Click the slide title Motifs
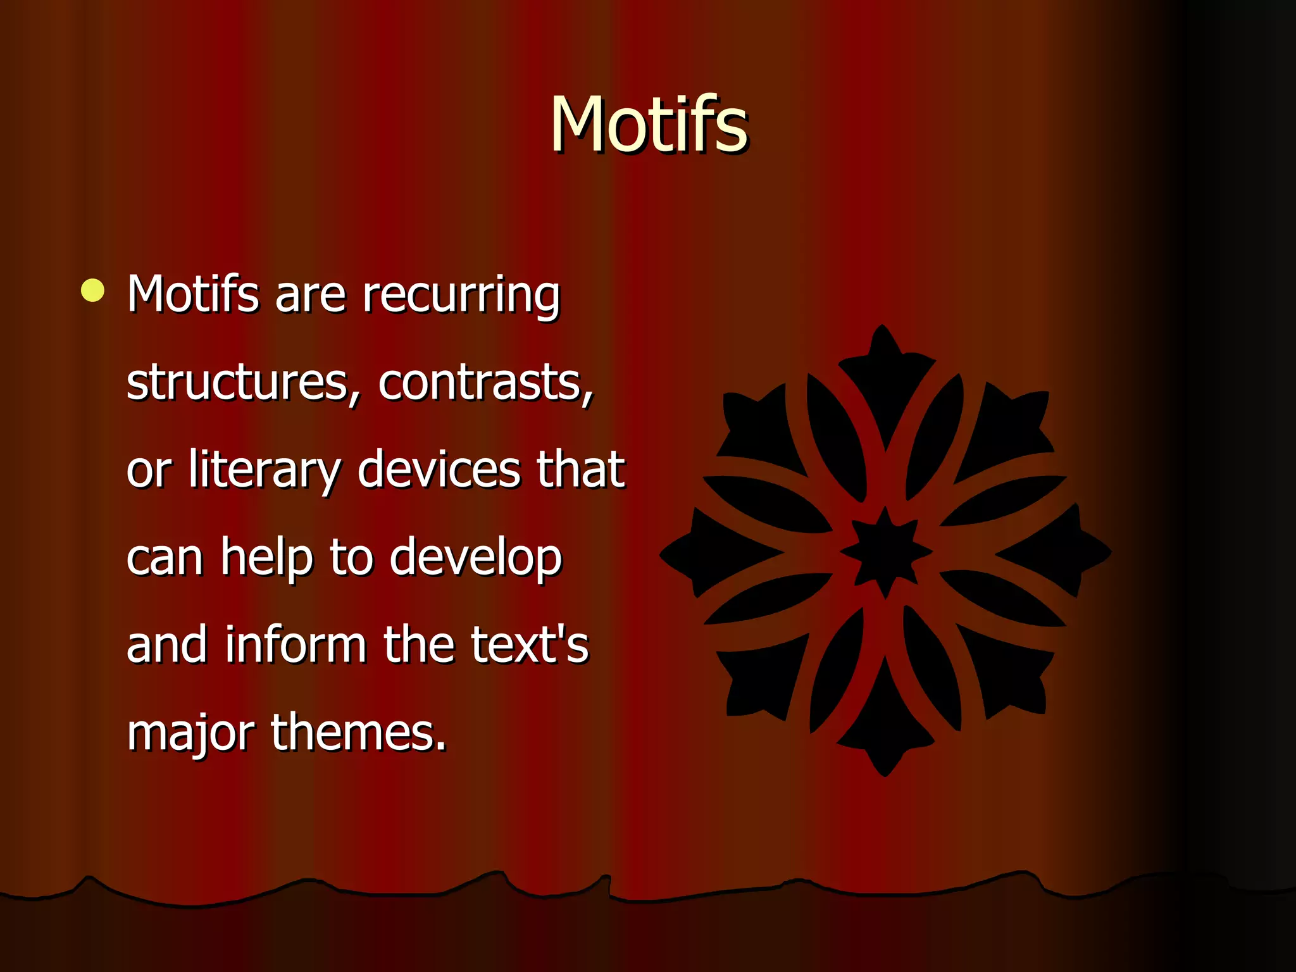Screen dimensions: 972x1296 click(649, 125)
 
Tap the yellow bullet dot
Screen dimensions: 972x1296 click(93, 290)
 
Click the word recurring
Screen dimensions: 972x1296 click(461, 295)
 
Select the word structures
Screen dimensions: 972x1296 click(238, 383)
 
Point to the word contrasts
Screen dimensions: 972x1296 click(485, 383)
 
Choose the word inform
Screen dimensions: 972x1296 click(296, 645)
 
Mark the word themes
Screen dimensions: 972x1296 click(358, 732)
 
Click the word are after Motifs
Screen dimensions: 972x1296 click(310, 295)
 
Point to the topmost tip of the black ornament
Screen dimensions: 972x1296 click(882, 328)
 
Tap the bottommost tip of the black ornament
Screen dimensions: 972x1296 click(885, 774)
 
